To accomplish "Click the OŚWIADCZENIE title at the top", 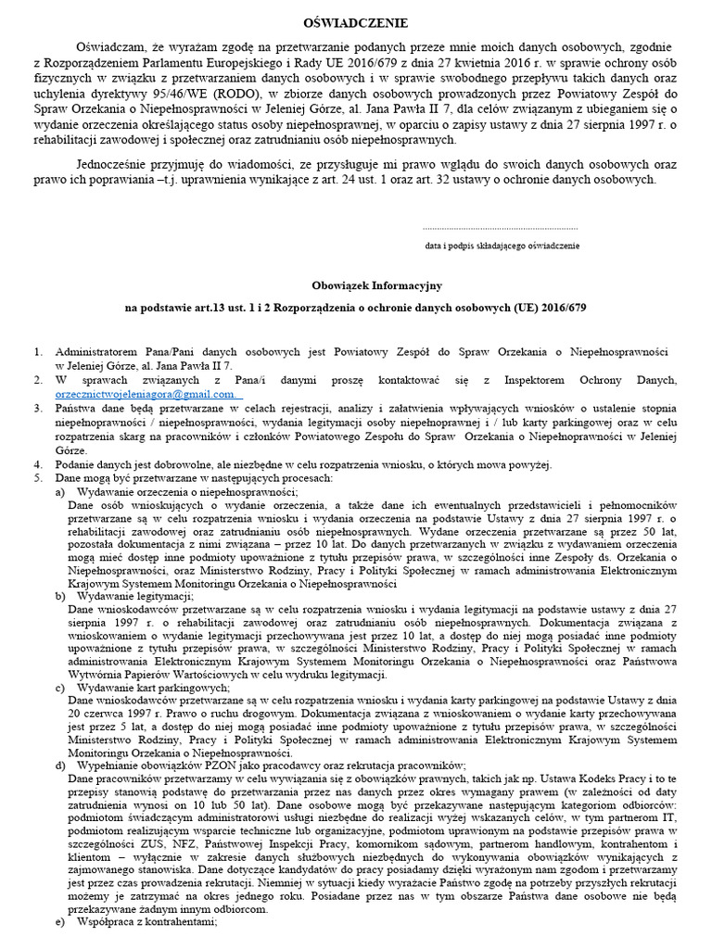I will pos(355,21).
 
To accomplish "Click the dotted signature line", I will pos(500,228).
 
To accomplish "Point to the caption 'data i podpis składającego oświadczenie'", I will pos(502,246).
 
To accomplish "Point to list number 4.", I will pos(37,464).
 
